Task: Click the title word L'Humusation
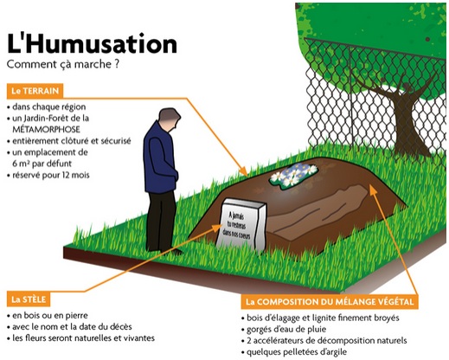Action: coord(92,45)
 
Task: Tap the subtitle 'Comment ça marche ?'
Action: coord(62,64)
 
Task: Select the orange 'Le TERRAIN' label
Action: coord(35,91)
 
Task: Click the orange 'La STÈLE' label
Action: coord(29,299)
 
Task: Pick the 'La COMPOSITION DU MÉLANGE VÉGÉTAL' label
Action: coord(330,302)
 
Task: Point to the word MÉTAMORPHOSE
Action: coord(46,129)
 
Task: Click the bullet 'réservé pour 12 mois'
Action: coord(48,175)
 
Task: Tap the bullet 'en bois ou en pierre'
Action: coord(48,315)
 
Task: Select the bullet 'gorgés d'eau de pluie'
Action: coord(284,329)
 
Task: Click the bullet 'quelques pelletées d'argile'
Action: coord(294,352)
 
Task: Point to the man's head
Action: coord(170,119)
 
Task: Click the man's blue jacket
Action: coord(160,157)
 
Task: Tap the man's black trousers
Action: coord(162,221)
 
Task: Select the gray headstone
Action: coord(241,225)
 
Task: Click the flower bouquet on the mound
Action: coord(293,174)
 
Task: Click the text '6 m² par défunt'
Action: coord(42,164)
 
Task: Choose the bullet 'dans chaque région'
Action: coord(47,107)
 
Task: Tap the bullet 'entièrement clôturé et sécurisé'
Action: coord(69,141)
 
